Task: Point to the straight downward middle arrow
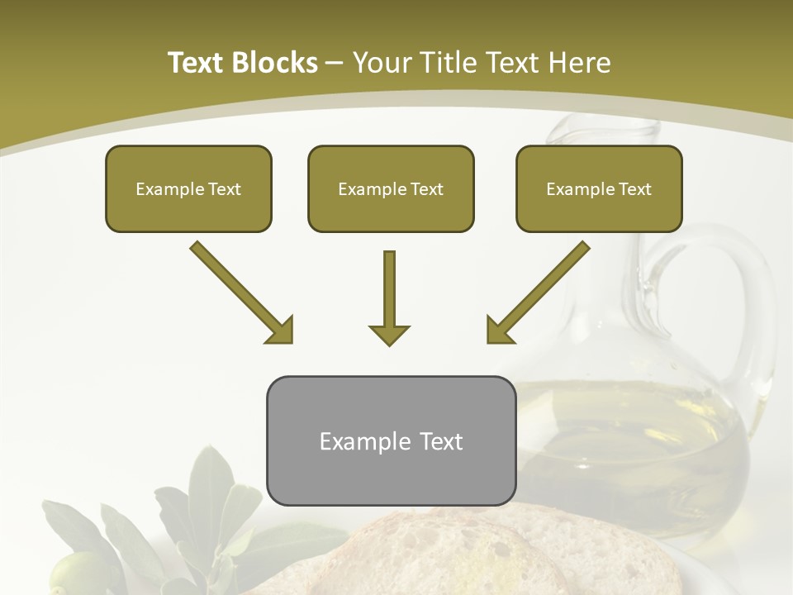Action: tap(389, 297)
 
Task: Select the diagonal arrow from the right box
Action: tap(538, 292)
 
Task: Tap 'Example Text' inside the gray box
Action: tap(391, 441)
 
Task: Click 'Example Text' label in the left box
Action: tap(188, 189)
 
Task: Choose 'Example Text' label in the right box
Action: tap(599, 189)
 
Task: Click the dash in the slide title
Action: tap(335, 63)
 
